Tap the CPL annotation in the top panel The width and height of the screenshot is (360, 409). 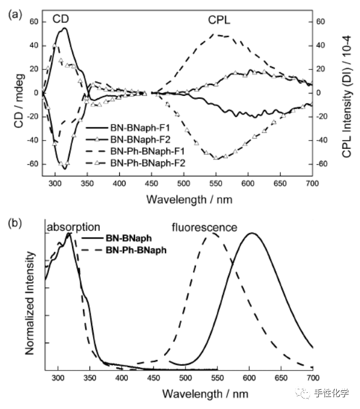click(219, 20)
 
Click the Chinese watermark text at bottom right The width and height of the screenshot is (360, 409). click(332, 394)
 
